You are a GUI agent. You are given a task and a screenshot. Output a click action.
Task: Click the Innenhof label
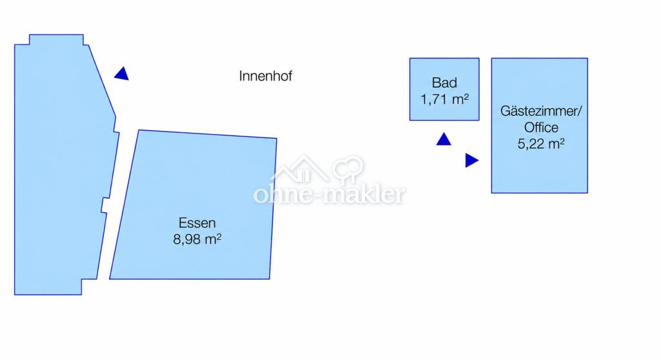point(265,76)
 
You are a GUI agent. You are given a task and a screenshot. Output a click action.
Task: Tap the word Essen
point(197,223)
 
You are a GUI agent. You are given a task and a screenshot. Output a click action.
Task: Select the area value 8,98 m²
point(198,239)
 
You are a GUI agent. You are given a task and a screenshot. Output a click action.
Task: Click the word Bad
point(444,83)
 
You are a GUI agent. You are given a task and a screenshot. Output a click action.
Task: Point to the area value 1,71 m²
point(444,99)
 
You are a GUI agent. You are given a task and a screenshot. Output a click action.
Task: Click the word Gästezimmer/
point(541,111)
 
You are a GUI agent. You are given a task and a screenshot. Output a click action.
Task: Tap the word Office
point(541,127)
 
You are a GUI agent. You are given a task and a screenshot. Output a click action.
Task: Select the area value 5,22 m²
point(541,144)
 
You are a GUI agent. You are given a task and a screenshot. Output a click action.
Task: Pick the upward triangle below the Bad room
point(443,140)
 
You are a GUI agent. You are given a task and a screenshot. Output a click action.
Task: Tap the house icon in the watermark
point(300,170)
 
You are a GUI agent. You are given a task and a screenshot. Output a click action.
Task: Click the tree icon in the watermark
point(348,170)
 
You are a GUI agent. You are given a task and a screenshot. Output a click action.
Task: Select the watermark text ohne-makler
point(330,194)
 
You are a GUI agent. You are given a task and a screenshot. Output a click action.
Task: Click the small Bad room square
point(444,90)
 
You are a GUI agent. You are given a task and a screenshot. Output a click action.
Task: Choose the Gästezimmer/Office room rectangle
point(540,126)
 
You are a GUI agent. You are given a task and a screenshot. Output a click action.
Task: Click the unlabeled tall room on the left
point(59,168)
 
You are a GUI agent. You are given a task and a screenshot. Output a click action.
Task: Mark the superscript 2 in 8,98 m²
point(219,237)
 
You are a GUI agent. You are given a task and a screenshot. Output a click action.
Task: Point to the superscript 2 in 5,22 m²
point(562,142)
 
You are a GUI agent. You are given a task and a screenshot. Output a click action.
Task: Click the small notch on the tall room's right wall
point(105,205)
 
